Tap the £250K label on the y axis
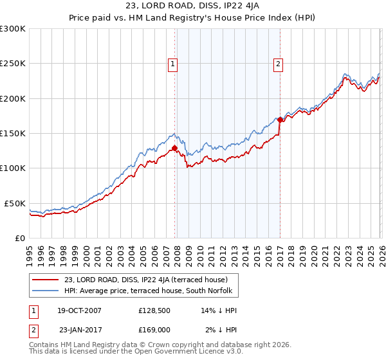coord(13,64)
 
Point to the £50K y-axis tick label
coord(15,203)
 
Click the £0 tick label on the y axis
coord(21,238)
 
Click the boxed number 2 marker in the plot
coord(278,64)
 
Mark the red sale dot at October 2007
coord(175,148)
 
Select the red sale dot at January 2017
coord(280,120)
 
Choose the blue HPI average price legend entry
coord(151,291)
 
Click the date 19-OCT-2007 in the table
coord(78,310)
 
